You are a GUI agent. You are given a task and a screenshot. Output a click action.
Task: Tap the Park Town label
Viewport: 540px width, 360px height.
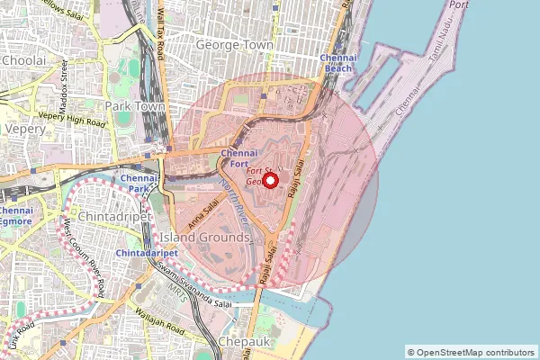[132, 106]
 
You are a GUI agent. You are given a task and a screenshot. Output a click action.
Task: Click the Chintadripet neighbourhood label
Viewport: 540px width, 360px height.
[98, 217]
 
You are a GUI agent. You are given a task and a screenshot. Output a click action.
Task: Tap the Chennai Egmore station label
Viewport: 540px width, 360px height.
[16, 216]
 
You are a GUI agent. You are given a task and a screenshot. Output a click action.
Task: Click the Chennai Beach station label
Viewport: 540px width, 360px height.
[338, 62]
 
